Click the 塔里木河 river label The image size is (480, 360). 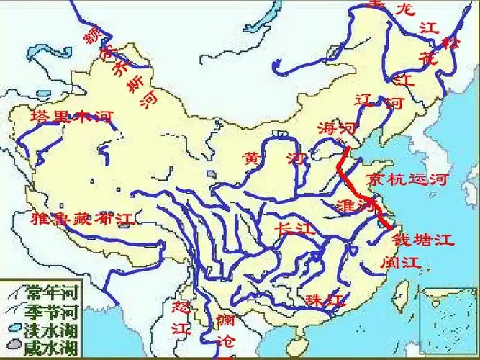click(72, 117)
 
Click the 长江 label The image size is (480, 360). click(295, 229)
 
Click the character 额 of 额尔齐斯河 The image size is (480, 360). click(93, 34)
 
